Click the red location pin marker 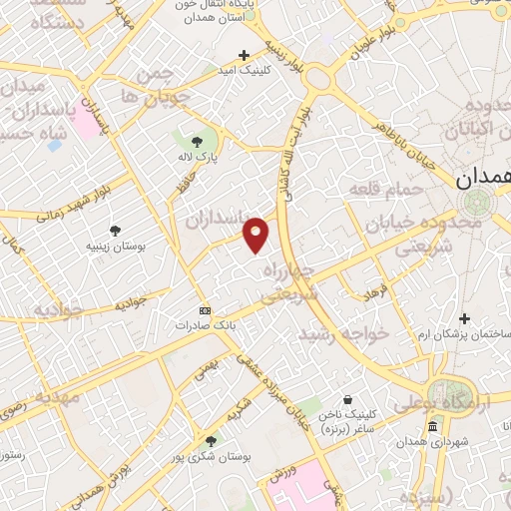click(256, 234)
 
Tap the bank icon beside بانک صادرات click(206, 310)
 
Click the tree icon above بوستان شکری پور click(211, 440)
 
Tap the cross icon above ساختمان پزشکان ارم click(463, 318)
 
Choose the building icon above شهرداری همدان click(432, 427)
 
